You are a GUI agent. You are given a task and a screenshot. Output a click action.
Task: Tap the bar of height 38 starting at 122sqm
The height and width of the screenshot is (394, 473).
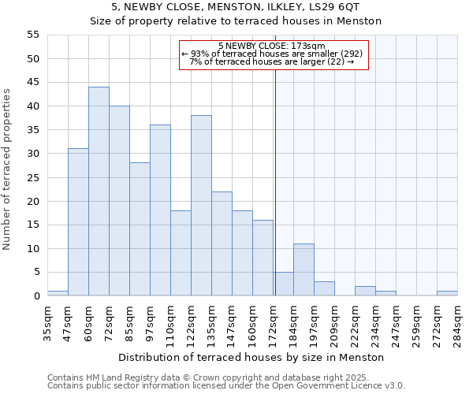coord(201,206)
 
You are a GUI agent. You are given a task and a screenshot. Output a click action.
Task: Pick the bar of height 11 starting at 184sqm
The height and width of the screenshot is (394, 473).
coord(304,270)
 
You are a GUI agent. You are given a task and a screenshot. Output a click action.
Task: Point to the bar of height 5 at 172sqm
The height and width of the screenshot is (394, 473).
coord(284,284)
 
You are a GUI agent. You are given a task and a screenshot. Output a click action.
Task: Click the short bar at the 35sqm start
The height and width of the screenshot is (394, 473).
coord(58,294)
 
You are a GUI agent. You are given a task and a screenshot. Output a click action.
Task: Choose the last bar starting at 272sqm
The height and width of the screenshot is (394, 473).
coord(447,294)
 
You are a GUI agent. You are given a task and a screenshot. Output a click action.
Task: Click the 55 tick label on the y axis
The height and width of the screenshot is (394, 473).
coord(32,35)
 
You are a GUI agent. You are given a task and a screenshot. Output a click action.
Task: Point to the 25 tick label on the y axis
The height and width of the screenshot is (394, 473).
coord(32,177)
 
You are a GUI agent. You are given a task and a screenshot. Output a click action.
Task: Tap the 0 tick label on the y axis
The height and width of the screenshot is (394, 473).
coord(35,296)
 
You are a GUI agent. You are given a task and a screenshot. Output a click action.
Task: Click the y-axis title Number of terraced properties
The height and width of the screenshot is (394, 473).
coord(7,169)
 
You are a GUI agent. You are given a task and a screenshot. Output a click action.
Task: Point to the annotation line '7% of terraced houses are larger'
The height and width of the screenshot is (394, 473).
coord(272,61)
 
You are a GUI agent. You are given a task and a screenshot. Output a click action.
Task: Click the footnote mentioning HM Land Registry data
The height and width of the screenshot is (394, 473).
coord(225,377)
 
